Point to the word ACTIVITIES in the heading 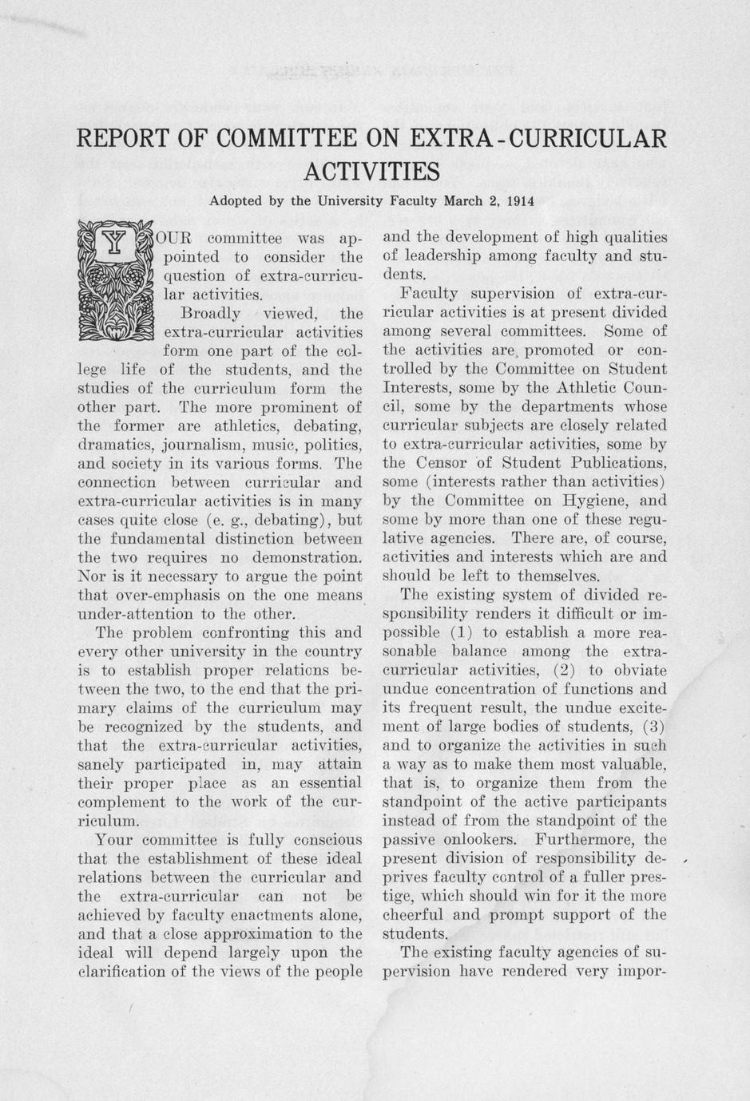372,172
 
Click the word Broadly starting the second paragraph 211,312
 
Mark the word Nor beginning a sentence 91,576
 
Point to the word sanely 101,765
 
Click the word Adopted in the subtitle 235,200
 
